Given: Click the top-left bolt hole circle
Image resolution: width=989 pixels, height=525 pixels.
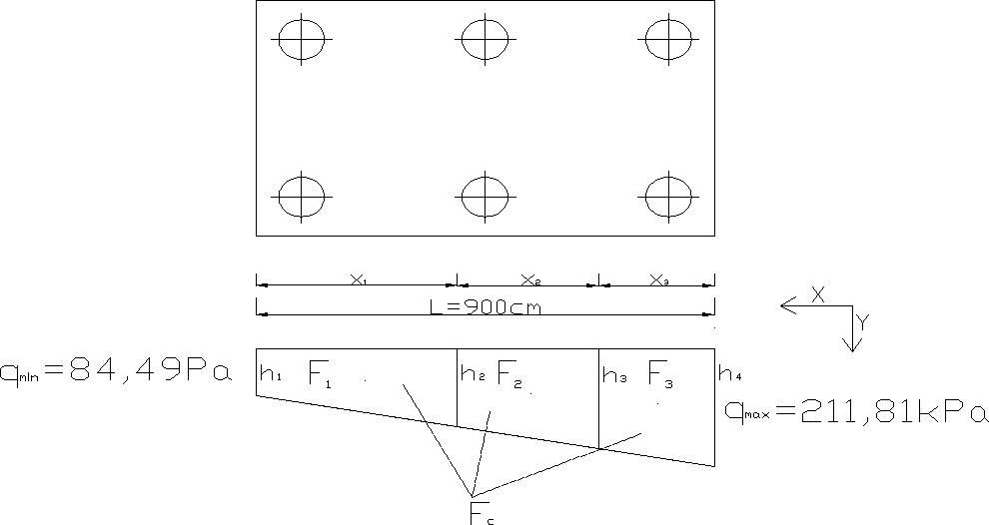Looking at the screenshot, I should [x=302, y=40].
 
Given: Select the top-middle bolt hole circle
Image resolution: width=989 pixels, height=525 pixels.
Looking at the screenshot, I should [x=486, y=40].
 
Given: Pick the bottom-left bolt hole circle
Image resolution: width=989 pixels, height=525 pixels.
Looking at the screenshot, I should [x=302, y=196].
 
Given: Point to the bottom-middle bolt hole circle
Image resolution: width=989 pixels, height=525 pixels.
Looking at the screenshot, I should [x=486, y=196].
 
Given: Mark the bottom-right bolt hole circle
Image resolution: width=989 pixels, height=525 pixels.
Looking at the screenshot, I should [x=669, y=196].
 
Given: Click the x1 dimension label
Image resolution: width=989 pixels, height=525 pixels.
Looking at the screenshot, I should [x=358, y=280].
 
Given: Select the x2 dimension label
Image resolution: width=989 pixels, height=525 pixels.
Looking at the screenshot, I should [x=531, y=280].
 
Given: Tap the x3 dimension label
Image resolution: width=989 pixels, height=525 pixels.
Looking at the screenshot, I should [x=659, y=280].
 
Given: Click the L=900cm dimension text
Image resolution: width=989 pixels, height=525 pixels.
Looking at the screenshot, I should [x=486, y=307].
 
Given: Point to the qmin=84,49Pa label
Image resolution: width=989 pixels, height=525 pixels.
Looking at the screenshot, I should [x=117, y=373].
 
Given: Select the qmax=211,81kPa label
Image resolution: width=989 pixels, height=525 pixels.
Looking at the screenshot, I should [x=854, y=413].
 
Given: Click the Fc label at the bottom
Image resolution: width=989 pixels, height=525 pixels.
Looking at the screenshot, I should [x=481, y=514].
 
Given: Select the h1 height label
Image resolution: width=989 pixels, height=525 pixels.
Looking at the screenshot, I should [x=271, y=375].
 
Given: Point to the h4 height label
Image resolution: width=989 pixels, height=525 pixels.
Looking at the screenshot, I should [x=729, y=375].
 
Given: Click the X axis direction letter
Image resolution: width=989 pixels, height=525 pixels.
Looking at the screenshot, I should [x=817, y=294].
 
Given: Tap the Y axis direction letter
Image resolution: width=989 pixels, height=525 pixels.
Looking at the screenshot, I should [x=864, y=321].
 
